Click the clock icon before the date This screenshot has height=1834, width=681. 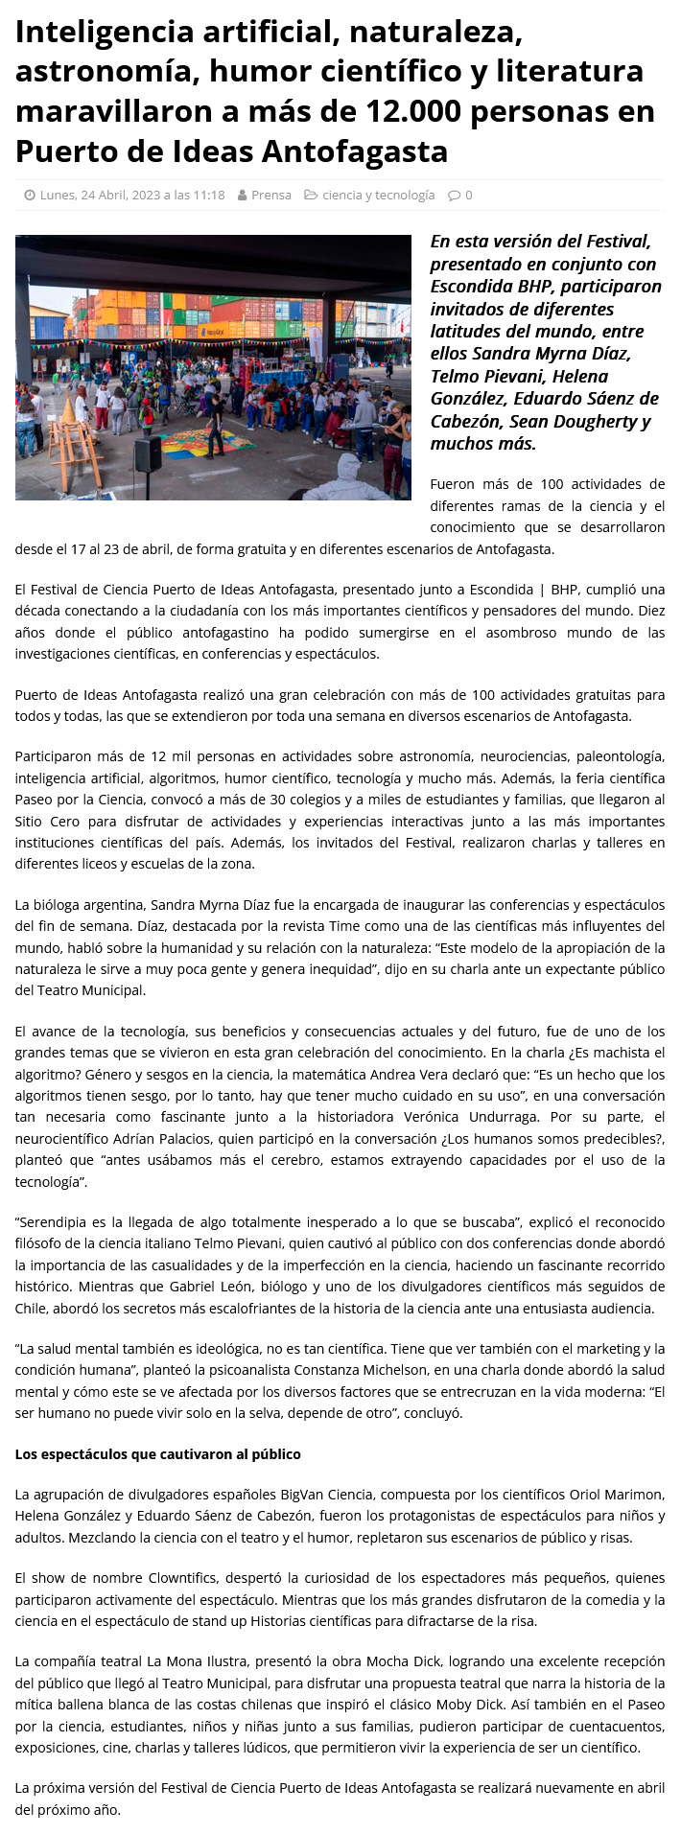30,195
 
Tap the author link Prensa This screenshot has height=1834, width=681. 270,195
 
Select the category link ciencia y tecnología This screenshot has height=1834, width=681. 378,195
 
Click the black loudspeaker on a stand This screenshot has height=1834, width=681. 148,453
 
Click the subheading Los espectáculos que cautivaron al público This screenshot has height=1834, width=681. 157,1454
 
